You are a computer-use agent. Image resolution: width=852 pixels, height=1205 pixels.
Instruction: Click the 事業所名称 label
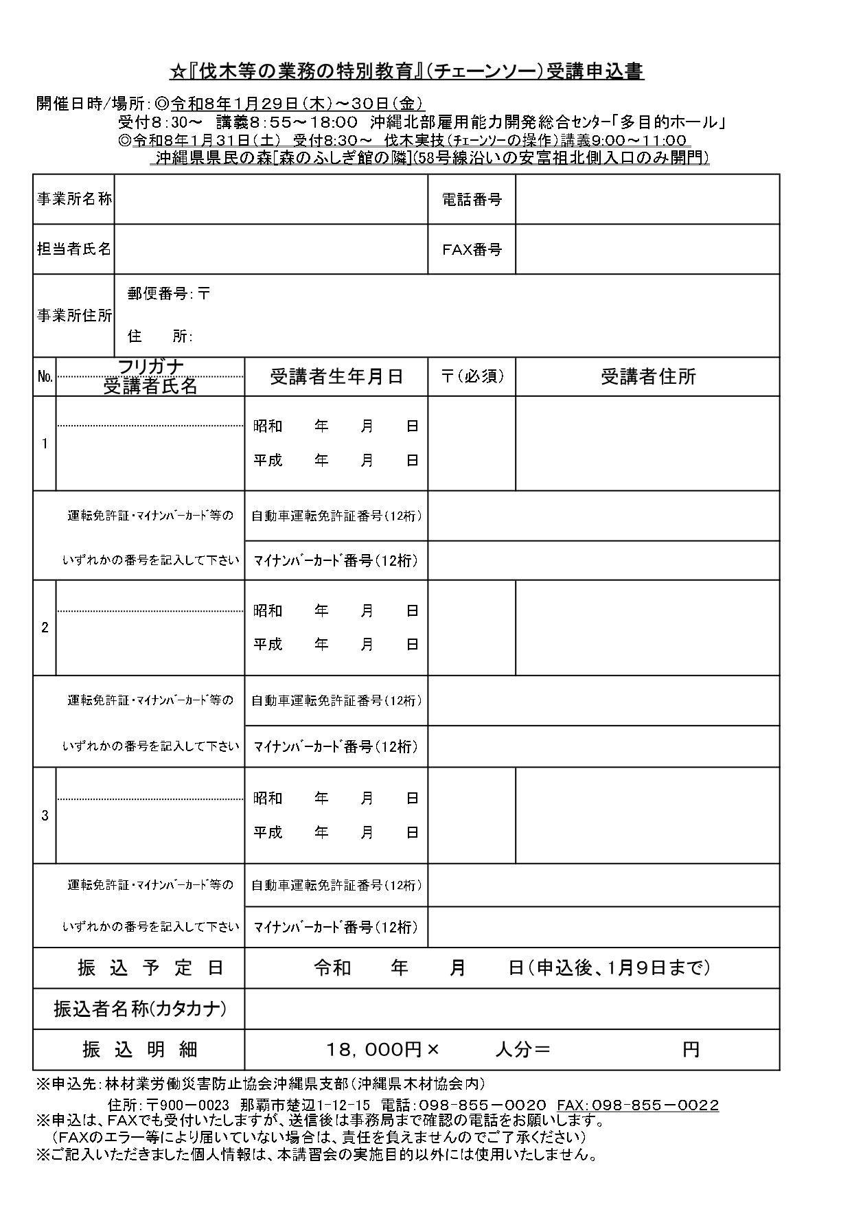[x=74, y=199]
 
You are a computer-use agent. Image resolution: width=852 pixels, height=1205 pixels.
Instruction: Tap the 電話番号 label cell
[x=472, y=199]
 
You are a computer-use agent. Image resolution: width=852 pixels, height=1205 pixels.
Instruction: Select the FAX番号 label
[x=472, y=249]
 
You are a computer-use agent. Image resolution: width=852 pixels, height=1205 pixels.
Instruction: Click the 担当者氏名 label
[x=74, y=249]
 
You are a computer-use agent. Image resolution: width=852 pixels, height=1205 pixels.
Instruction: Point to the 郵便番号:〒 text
[x=169, y=294]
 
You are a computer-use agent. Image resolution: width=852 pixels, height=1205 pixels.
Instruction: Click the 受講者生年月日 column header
[x=336, y=376]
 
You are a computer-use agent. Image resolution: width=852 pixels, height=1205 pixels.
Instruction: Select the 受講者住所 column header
[x=648, y=376]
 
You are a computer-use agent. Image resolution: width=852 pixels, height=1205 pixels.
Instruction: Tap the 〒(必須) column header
[x=472, y=376]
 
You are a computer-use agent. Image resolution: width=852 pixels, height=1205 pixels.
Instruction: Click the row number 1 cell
[x=45, y=444]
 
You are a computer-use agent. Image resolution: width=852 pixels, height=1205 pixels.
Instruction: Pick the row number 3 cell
[x=45, y=816]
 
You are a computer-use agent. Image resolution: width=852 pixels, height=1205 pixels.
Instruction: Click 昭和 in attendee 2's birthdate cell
[x=268, y=610]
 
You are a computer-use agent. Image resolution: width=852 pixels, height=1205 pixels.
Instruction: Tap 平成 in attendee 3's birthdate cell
[x=268, y=832]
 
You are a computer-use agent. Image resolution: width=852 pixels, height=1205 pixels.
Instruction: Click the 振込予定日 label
[x=150, y=968]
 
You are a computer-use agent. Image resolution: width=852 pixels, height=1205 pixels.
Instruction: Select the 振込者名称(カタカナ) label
[x=140, y=1009]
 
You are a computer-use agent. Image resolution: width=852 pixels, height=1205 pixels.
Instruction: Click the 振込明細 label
[x=140, y=1050]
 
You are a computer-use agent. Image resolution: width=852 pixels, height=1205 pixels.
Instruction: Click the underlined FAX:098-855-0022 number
[x=638, y=1105]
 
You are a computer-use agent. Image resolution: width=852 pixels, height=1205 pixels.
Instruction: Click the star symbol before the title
[x=176, y=72]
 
